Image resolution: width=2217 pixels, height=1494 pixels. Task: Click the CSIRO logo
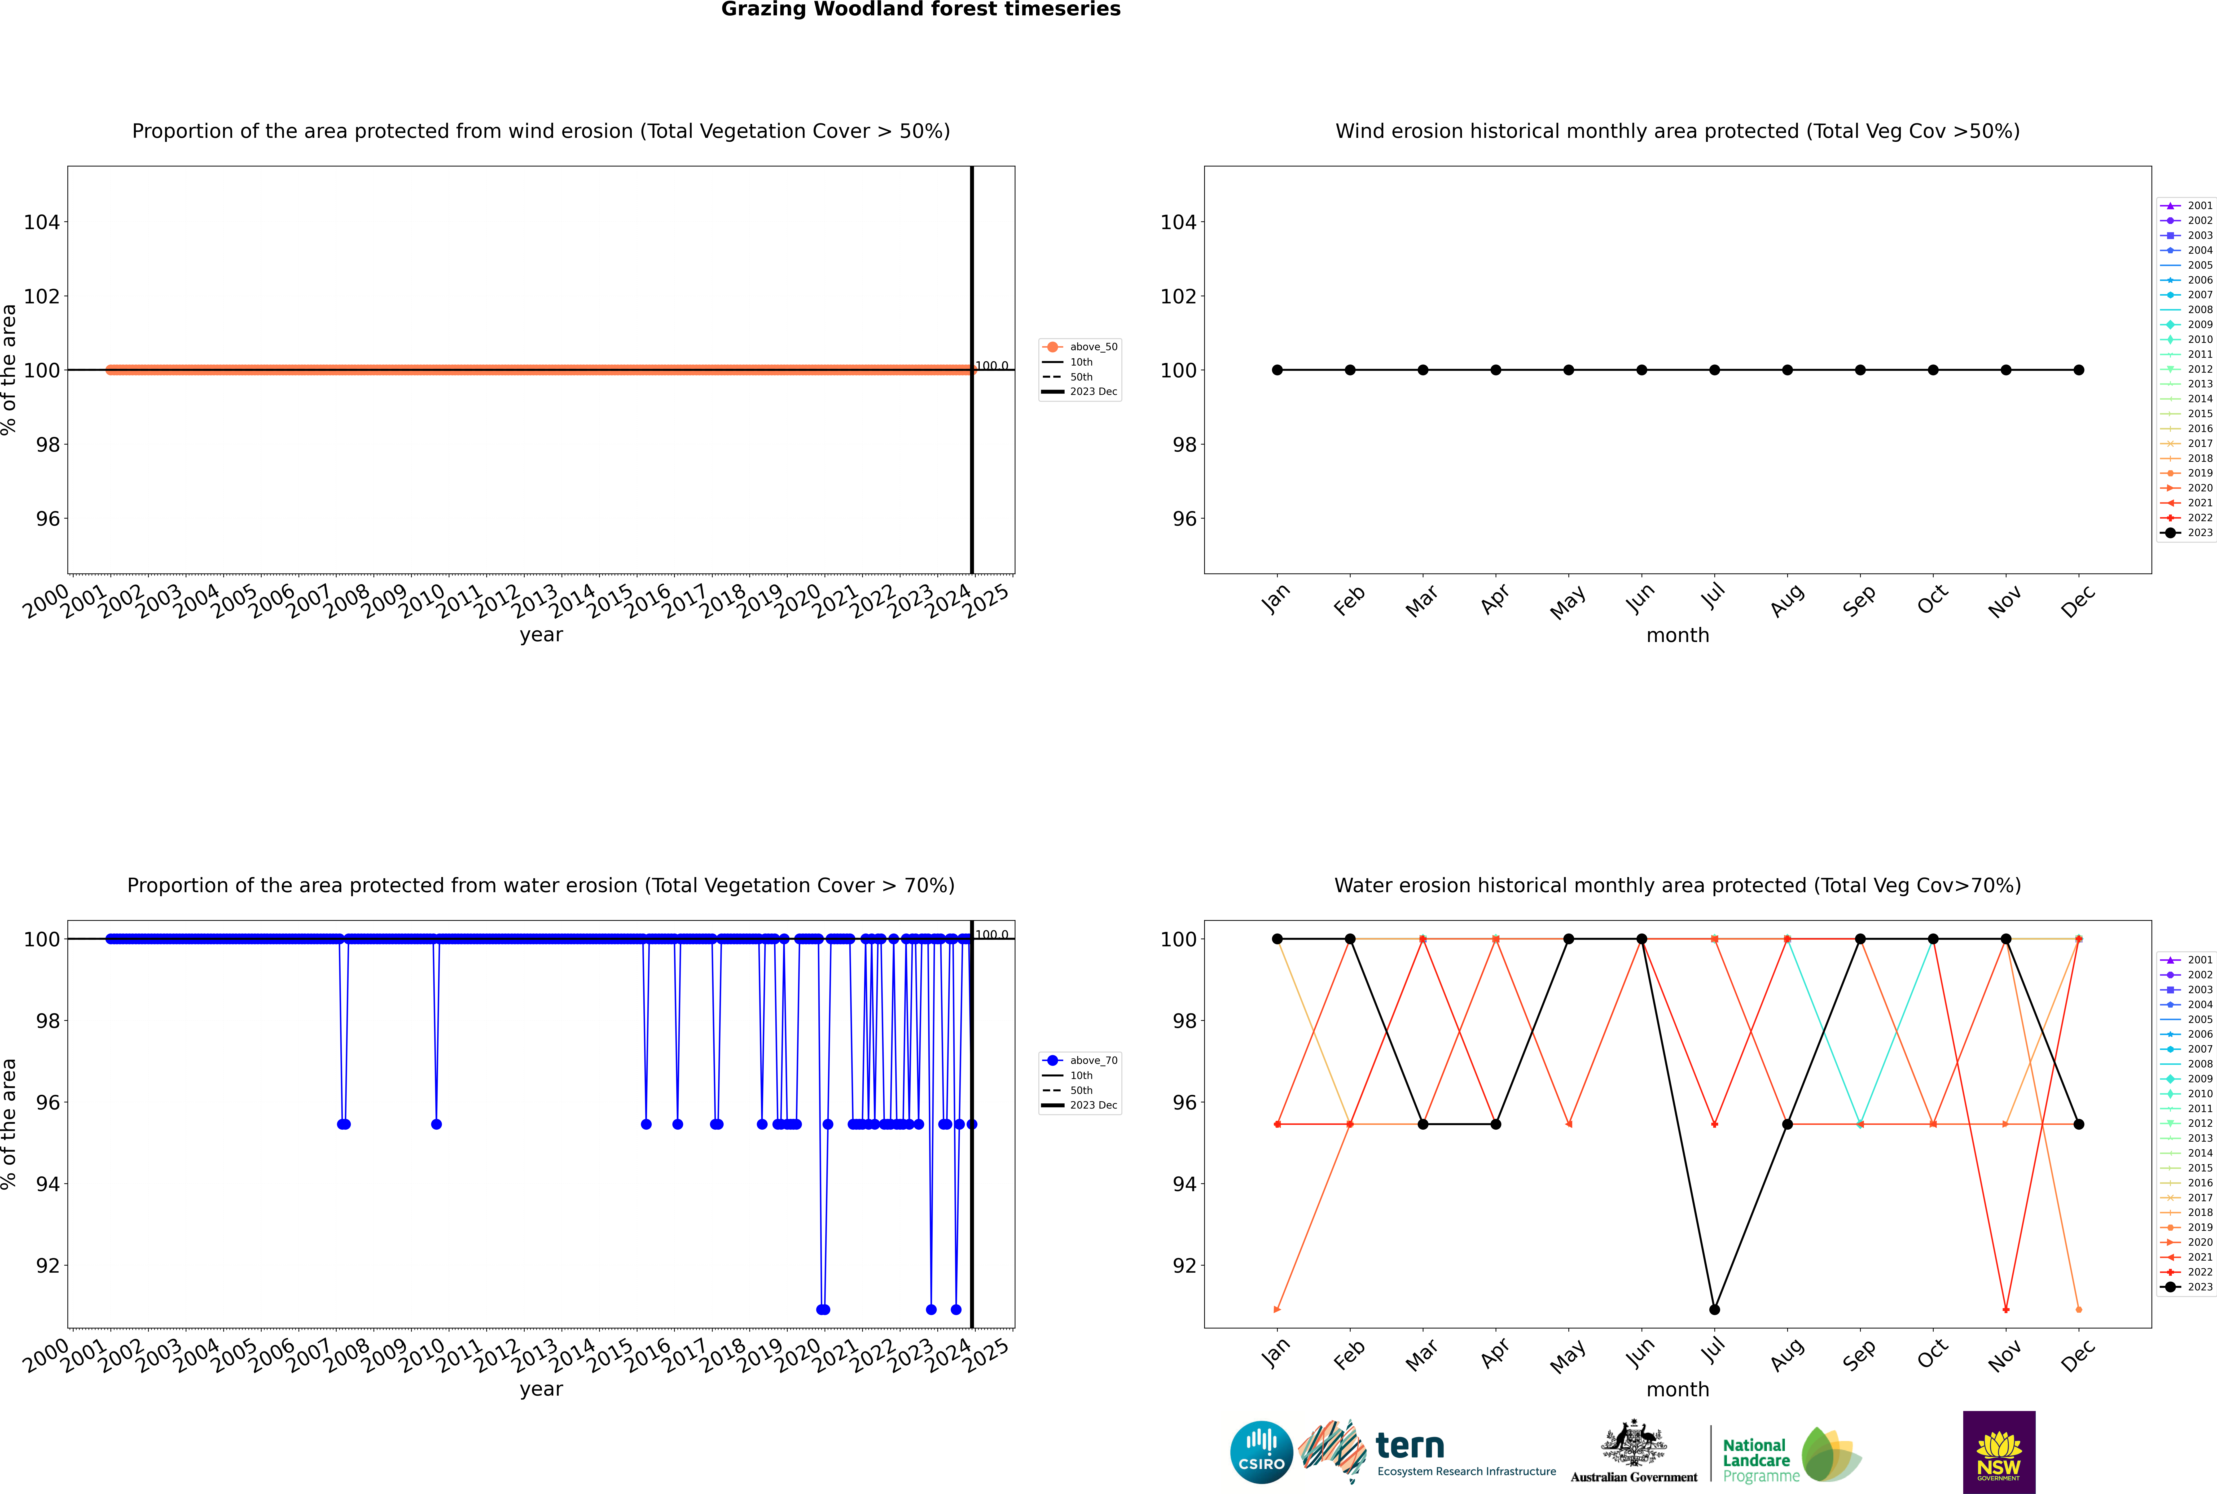1261,1452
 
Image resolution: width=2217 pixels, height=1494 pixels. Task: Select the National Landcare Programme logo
1790,1455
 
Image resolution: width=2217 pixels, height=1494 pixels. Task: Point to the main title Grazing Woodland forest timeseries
921,9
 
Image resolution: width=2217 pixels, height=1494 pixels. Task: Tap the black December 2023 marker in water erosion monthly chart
2079,1124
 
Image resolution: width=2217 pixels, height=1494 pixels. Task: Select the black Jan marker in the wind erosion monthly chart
1277,370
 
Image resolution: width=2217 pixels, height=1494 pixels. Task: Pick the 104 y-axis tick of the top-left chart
41,222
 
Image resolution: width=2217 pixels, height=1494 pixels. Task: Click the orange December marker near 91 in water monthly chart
2079,1309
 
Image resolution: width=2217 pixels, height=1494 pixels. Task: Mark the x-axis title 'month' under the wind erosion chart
1677,636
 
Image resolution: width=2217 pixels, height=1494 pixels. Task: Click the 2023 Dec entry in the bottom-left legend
1092,1105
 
